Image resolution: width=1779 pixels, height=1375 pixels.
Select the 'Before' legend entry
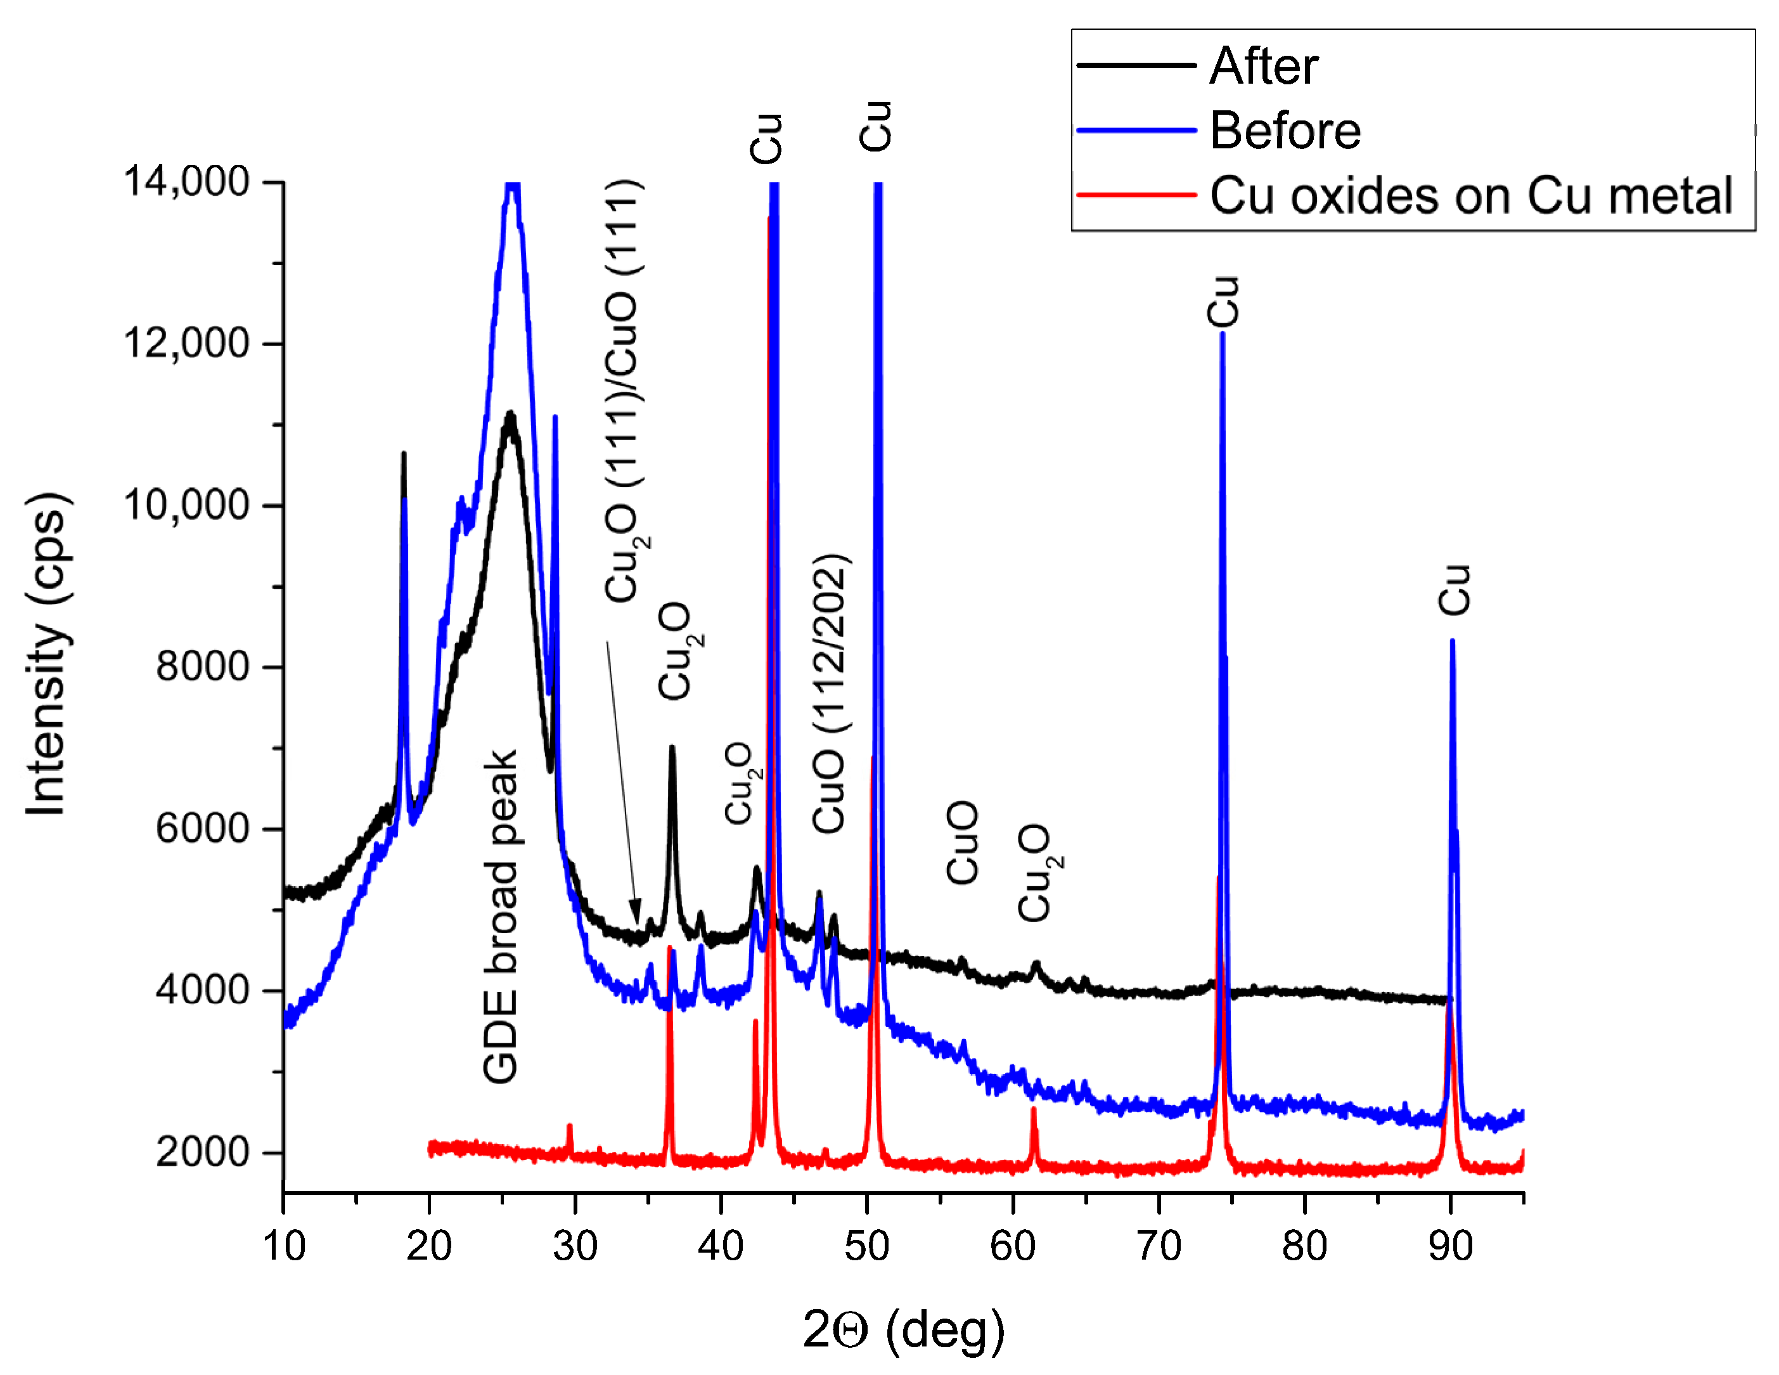point(1285,131)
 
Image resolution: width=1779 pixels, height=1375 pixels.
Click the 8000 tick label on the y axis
point(202,666)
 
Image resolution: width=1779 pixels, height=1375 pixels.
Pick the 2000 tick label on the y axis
point(202,1152)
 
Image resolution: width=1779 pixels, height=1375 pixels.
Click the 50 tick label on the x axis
point(867,1246)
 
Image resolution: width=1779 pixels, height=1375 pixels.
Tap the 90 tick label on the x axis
point(1451,1246)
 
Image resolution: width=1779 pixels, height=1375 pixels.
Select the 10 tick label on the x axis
point(283,1246)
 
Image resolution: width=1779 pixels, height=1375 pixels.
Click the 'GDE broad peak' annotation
point(500,917)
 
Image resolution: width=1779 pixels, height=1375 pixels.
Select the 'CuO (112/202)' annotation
point(830,693)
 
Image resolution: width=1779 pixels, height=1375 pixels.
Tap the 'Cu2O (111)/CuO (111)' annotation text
point(626,391)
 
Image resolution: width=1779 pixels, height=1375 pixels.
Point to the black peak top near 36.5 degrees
point(672,748)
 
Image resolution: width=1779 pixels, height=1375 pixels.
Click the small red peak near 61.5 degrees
point(1034,1109)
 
